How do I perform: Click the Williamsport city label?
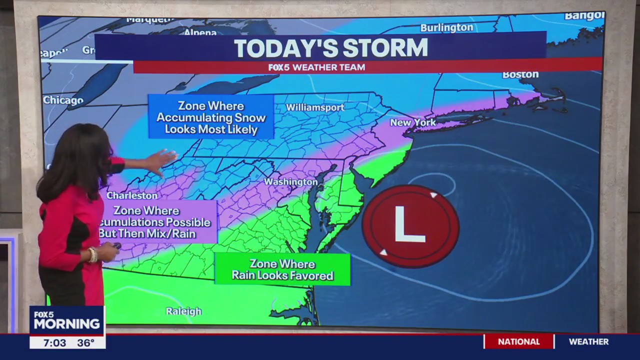coord(315,107)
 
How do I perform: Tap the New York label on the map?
coord(412,122)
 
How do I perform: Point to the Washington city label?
coord(290,182)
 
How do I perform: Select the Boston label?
coord(520,75)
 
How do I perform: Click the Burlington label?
coord(446,28)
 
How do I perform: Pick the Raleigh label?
coord(183,311)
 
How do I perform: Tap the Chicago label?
coord(63,100)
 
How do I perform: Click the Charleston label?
coord(132,195)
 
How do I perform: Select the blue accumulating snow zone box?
coord(211,117)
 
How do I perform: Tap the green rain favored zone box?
coord(282,269)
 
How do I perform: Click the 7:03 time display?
coord(54,343)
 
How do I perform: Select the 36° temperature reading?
coord(85,343)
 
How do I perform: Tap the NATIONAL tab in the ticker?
coord(518,342)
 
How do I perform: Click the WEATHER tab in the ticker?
coord(588,342)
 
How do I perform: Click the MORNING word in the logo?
coord(67,324)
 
